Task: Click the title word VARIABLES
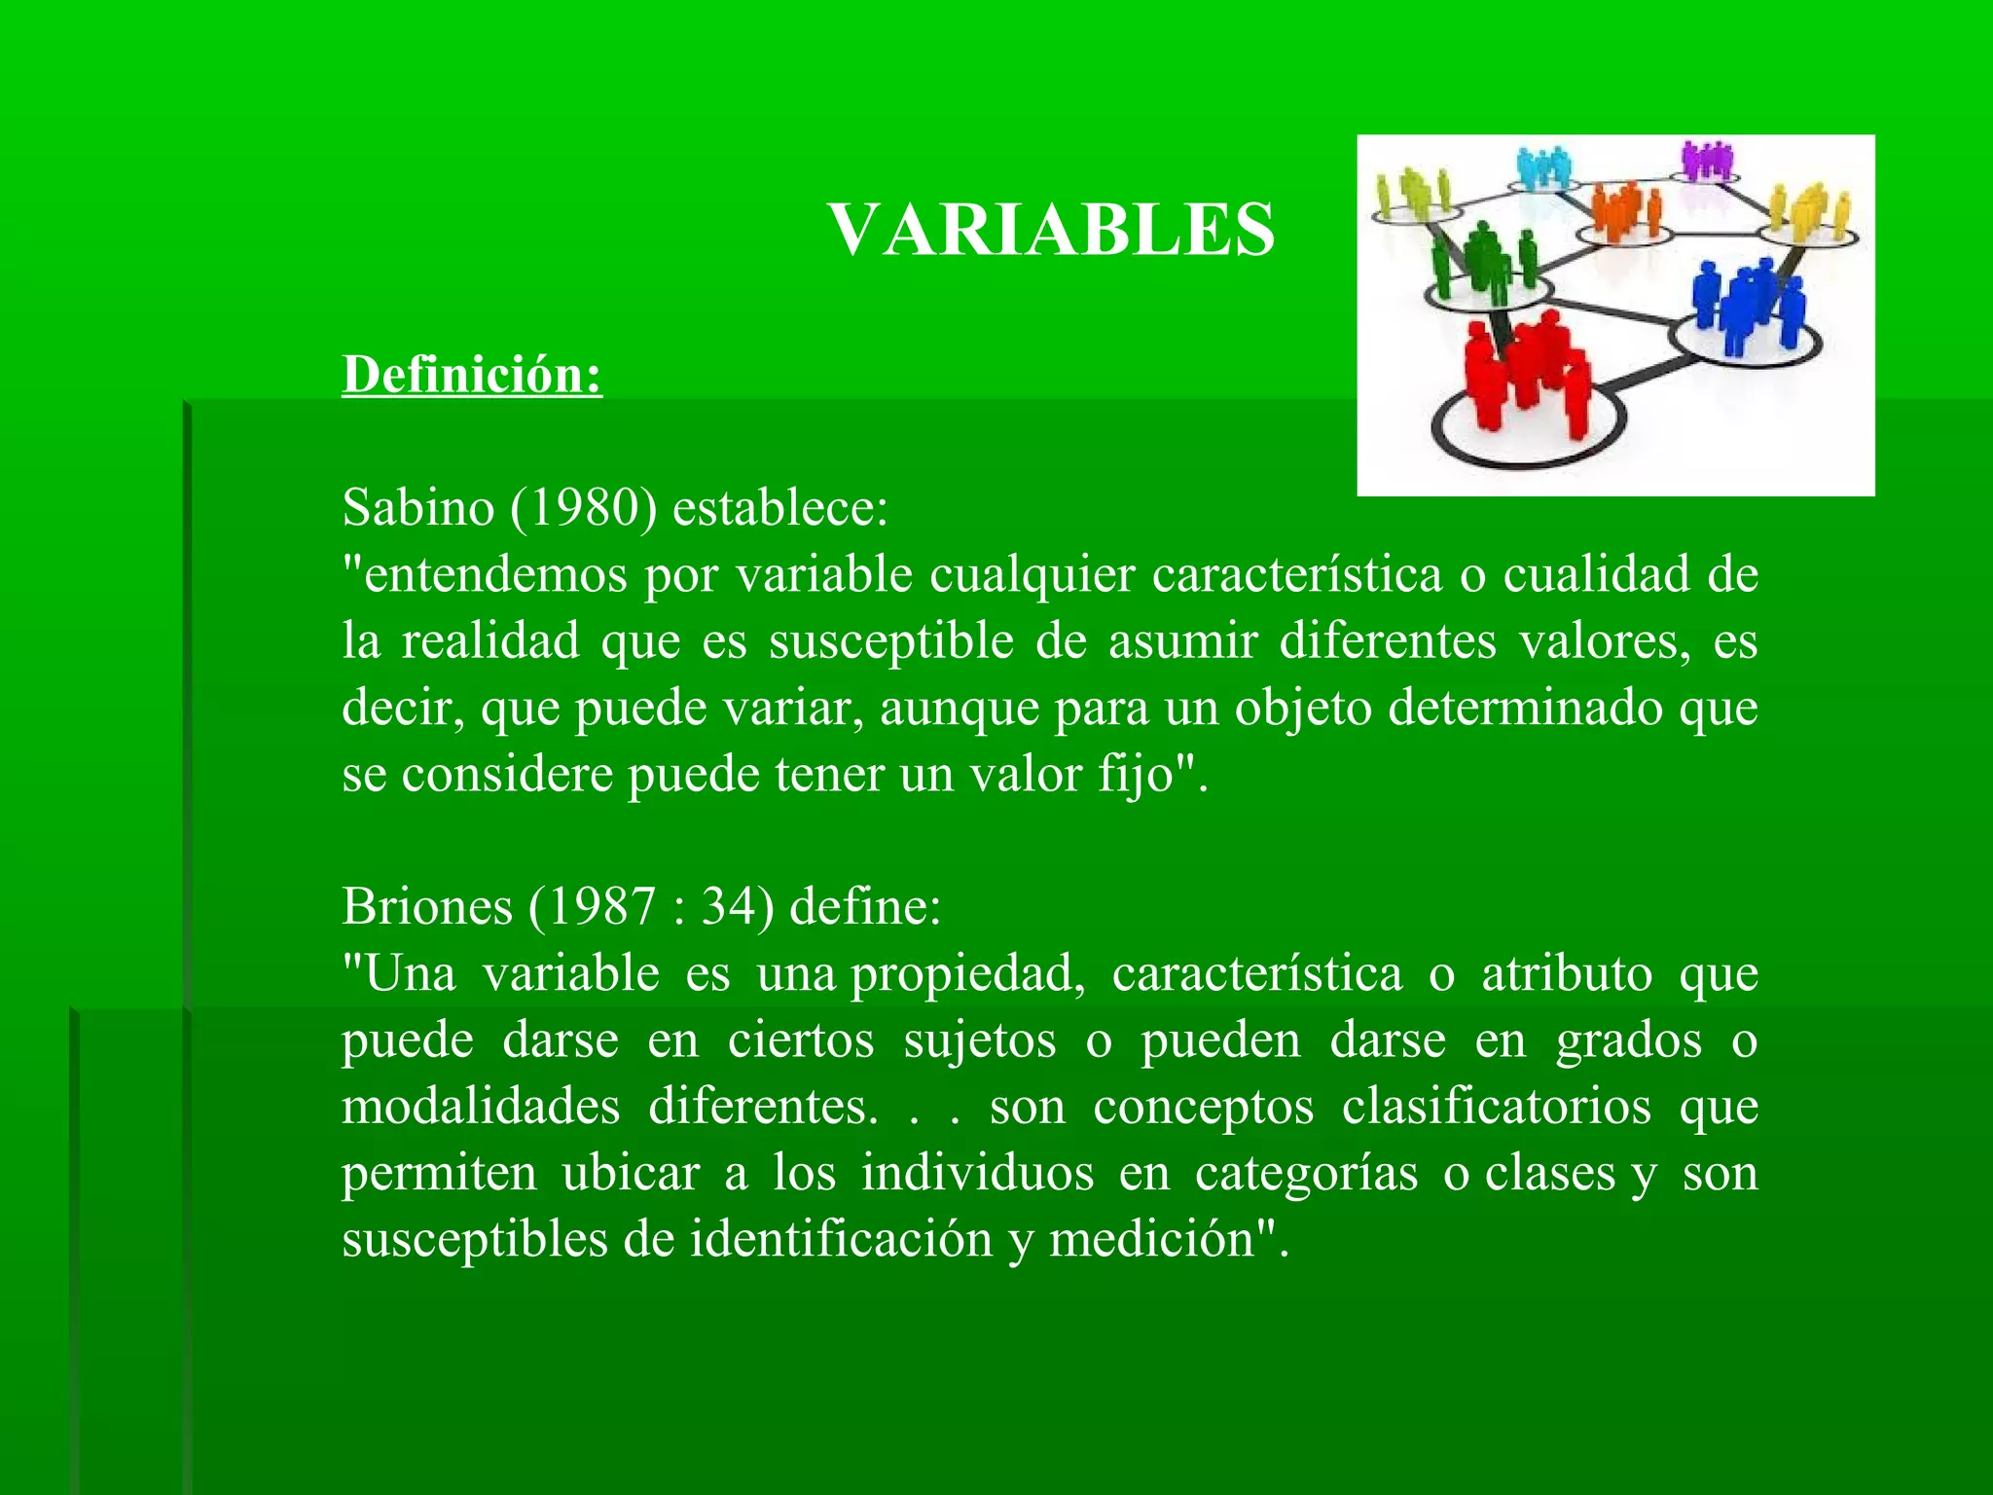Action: [1051, 231]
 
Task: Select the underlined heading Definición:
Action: [472, 375]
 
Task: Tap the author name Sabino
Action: [418, 507]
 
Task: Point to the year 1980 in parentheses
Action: [584, 507]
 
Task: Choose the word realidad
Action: [490, 640]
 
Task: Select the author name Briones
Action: [427, 907]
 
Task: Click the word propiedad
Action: [968, 974]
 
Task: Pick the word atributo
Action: [1567, 974]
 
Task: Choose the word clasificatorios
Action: [1497, 1107]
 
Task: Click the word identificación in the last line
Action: [842, 1240]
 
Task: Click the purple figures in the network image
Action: [1708, 160]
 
